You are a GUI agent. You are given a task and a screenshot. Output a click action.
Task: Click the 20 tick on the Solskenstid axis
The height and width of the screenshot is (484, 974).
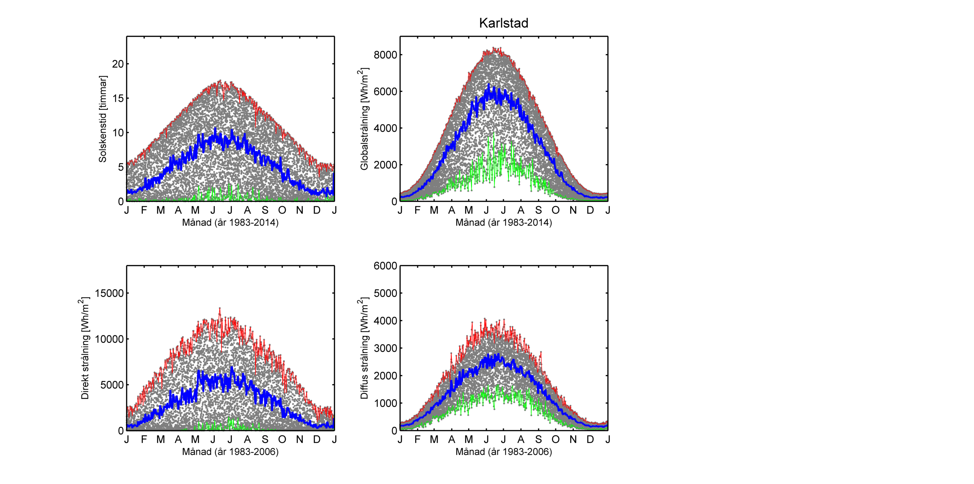pos(118,64)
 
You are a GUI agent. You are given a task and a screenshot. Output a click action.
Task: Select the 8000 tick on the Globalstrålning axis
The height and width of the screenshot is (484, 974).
pos(385,55)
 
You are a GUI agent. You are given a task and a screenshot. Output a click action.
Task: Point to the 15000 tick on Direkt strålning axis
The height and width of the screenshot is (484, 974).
pos(109,293)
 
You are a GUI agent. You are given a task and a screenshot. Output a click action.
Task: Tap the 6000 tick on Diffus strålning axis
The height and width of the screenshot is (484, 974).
pos(385,266)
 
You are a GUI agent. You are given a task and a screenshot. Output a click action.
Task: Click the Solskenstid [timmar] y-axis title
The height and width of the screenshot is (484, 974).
pos(102,119)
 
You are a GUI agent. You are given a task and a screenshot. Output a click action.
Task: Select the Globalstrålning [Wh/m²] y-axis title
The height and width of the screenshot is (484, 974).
pos(364,119)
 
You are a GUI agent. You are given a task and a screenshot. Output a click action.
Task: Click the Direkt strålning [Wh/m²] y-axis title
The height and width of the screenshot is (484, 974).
pos(85,348)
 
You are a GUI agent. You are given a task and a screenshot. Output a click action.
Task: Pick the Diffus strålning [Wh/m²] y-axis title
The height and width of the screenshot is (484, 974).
pos(364,348)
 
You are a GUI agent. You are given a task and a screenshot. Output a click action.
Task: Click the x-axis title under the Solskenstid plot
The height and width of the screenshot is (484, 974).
pos(230,222)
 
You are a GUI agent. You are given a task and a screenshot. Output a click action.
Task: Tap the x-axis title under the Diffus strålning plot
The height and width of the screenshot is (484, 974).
pos(504,451)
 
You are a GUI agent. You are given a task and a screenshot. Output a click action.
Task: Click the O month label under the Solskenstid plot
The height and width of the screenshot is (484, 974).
pos(282,210)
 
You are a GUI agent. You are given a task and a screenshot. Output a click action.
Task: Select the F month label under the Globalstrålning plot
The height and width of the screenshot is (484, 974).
pos(417,210)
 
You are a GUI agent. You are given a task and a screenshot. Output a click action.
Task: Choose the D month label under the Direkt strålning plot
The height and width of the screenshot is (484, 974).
pos(317,439)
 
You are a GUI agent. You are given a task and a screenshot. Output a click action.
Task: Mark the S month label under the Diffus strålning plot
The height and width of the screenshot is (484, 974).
pos(538,439)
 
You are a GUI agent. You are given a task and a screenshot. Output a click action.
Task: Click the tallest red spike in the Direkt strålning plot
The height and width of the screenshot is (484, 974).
pos(220,309)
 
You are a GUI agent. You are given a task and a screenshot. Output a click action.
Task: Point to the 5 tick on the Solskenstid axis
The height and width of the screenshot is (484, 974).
pos(121,167)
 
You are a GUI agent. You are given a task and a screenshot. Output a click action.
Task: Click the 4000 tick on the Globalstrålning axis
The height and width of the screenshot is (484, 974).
pos(385,128)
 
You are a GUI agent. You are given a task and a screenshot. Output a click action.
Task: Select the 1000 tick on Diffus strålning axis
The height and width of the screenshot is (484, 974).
pos(385,403)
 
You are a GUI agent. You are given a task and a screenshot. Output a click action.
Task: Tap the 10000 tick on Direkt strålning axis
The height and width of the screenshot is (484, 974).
pos(109,339)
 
